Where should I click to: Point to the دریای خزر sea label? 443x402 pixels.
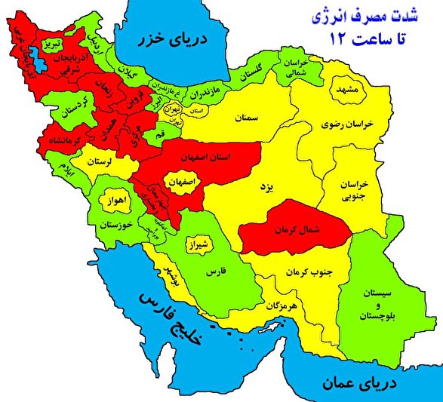click(x=177, y=38)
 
